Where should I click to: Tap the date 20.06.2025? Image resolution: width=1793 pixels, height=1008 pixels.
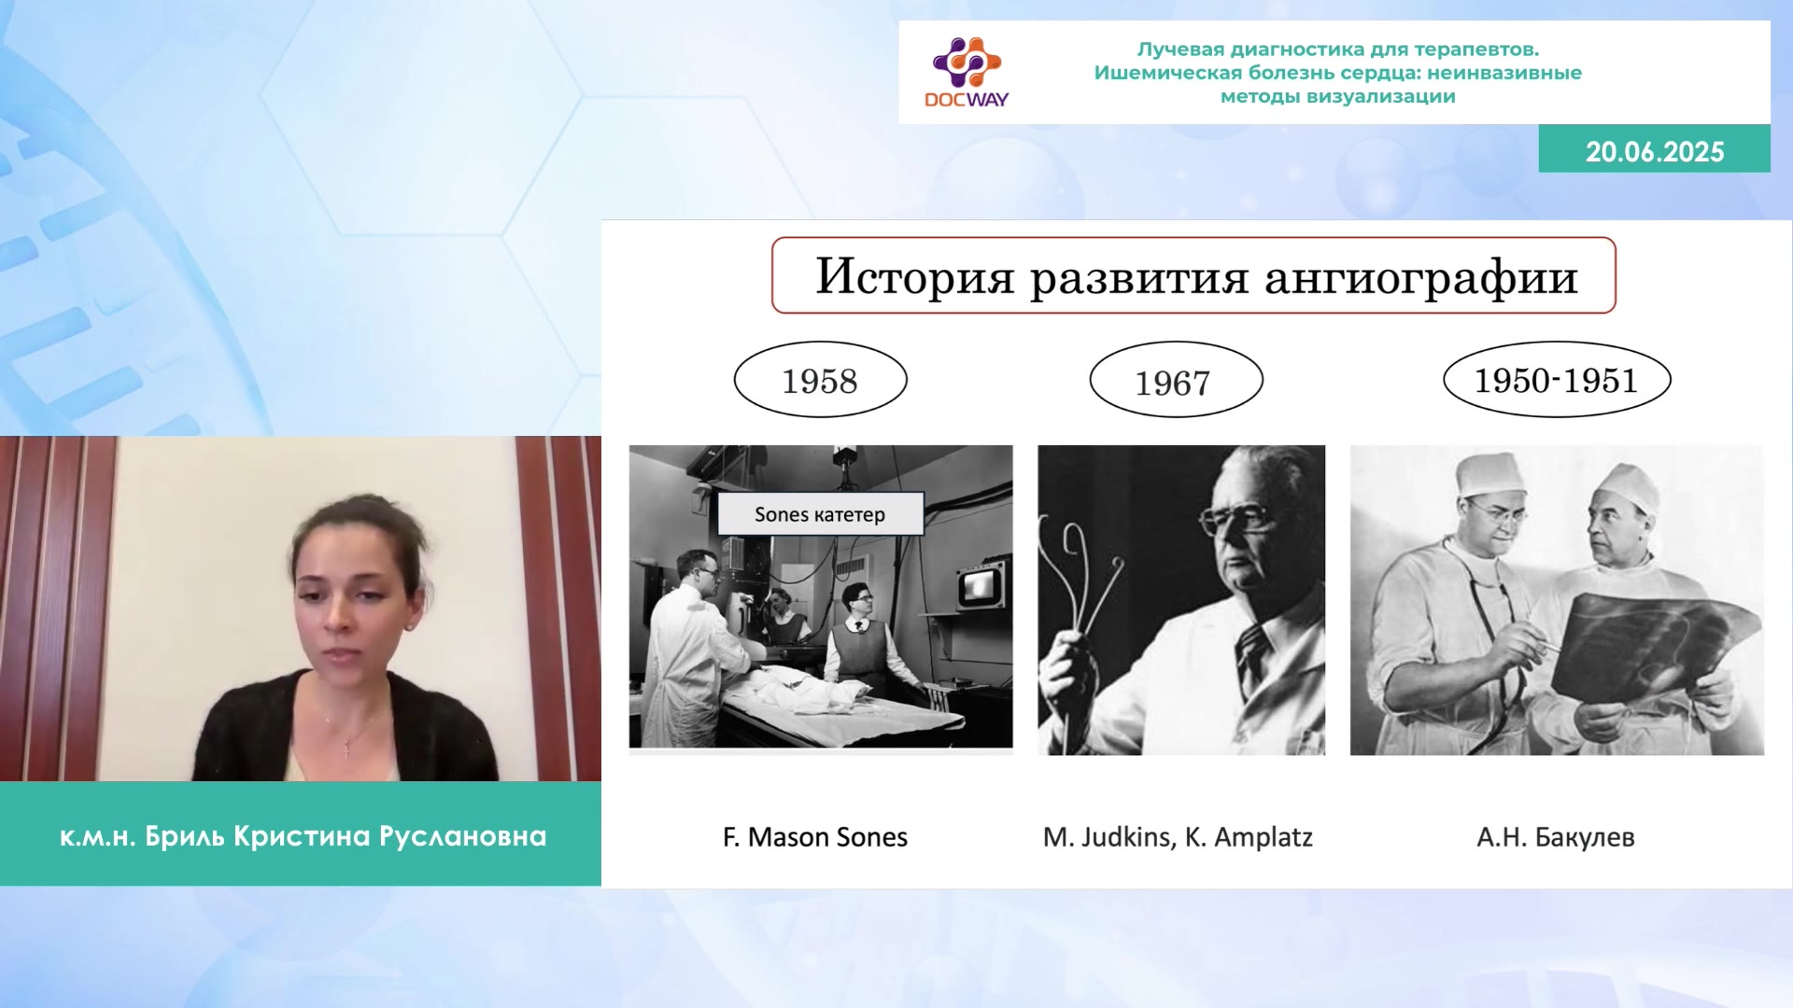[x=1655, y=151]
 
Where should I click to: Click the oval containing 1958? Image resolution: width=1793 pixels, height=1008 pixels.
[x=820, y=380]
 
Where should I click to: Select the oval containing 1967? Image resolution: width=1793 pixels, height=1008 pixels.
[x=1176, y=380]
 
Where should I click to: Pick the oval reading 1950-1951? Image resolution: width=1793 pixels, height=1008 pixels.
[x=1557, y=380]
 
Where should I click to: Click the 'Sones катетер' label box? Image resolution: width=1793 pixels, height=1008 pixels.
[x=820, y=514]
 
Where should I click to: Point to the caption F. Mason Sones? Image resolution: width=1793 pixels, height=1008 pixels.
[x=815, y=837]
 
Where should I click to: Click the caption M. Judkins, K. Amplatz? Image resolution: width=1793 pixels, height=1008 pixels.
[x=1178, y=837]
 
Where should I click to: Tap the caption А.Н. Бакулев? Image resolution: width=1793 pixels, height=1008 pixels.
[x=1556, y=837]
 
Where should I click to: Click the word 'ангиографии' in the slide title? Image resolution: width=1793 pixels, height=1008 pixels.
[x=1421, y=278]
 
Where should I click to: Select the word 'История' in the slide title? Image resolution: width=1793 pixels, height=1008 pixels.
[x=915, y=276]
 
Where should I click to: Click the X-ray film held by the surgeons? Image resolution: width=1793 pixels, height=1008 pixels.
[x=1653, y=644]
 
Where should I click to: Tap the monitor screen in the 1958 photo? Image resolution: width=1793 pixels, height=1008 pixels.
[x=979, y=585]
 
